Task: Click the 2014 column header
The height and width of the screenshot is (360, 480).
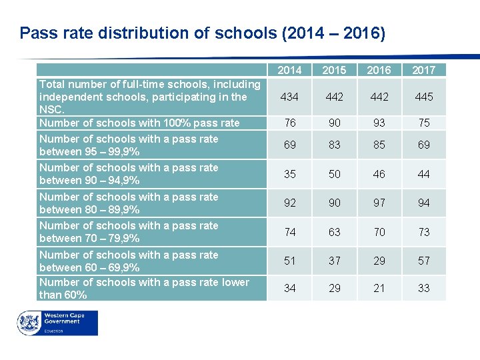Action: point(289,70)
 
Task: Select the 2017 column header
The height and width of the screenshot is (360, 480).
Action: point(424,70)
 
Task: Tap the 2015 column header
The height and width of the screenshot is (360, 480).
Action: point(334,70)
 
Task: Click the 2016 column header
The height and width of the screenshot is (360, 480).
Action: point(379,70)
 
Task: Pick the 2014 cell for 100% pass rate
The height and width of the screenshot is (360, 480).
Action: point(289,123)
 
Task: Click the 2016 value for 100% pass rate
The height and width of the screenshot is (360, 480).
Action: point(379,123)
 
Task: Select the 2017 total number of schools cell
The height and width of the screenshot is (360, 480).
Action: point(424,97)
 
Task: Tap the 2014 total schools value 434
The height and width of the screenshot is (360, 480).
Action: point(289,97)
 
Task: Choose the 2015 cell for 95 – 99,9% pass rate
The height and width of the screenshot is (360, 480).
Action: point(334,145)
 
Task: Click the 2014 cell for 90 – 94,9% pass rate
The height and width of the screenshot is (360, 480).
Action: point(289,174)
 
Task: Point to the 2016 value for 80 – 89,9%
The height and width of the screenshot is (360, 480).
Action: point(379,203)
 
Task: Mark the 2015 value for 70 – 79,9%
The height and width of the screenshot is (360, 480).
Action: point(334,232)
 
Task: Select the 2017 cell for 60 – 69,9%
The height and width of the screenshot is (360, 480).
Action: point(424,261)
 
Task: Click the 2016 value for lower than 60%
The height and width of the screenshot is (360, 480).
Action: point(379,288)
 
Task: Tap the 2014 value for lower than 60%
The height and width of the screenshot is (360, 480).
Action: point(289,288)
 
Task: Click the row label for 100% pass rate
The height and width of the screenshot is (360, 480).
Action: point(139,123)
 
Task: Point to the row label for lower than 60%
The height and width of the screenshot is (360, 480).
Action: point(144,288)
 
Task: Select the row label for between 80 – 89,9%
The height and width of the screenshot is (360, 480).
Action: point(129,203)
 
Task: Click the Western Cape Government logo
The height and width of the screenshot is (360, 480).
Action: point(57,323)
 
